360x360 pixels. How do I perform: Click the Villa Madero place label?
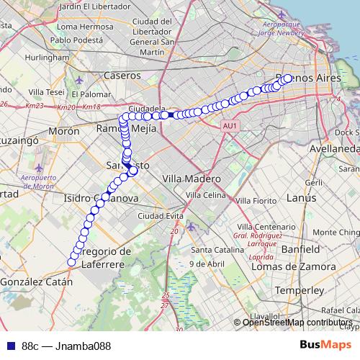click(x=191, y=178)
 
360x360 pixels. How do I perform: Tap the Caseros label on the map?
click(x=122, y=75)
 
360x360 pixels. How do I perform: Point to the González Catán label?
click(x=36, y=282)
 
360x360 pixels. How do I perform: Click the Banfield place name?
click(x=301, y=248)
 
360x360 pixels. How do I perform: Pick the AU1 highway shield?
click(x=230, y=126)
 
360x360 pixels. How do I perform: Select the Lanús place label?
click(x=296, y=197)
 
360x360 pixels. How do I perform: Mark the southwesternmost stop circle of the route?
click(x=71, y=262)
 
